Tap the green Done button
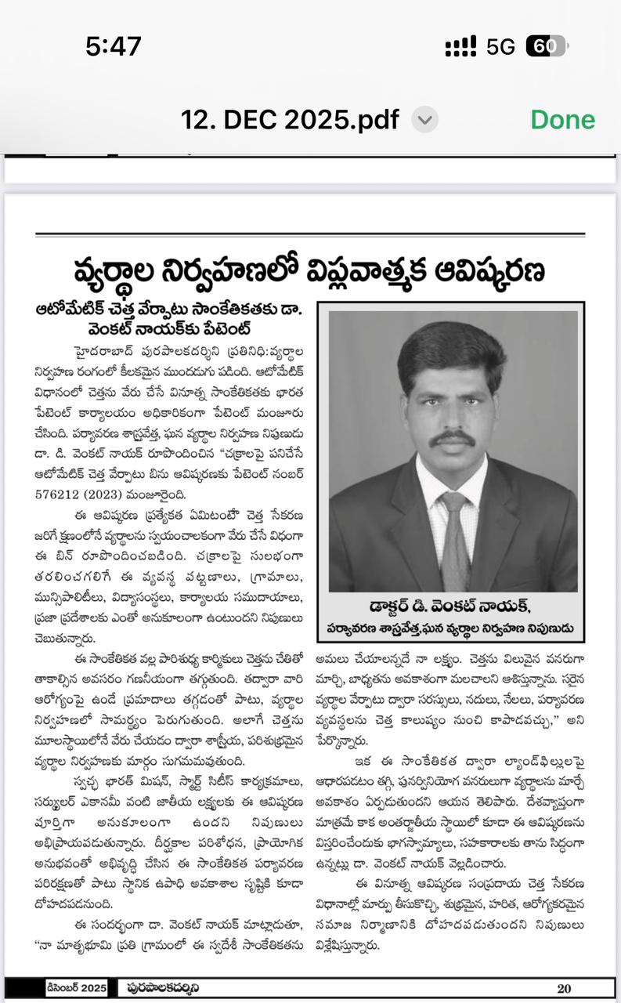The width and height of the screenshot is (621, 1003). pyautogui.click(x=562, y=120)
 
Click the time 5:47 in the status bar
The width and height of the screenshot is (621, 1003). pyautogui.click(x=114, y=47)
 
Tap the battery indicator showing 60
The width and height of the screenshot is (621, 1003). pyautogui.click(x=545, y=47)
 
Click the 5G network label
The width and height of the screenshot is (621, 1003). pyautogui.click(x=500, y=47)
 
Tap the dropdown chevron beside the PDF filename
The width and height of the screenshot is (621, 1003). pyautogui.click(x=424, y=120)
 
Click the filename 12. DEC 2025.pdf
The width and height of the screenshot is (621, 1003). pyautogui.click(x=290, y=120)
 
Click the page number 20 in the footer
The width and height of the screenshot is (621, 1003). pyautogui.click(x=564, y=988)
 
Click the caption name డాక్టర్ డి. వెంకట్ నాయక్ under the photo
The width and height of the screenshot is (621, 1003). pyautogui.click(x=450, y=607)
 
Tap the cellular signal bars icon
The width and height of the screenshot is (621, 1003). pyautogui.click(x=460, y=47)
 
